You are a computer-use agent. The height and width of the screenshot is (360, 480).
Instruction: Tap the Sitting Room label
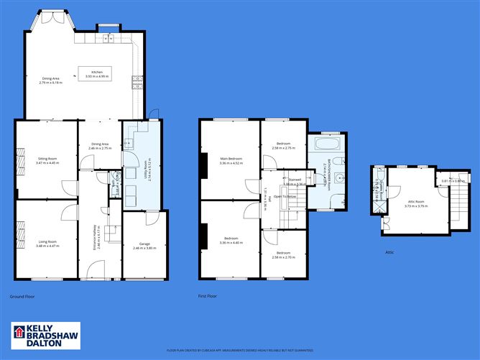(45, 161)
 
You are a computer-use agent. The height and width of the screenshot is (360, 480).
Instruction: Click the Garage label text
(144, 246)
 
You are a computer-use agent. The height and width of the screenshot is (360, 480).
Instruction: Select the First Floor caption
(207, 295)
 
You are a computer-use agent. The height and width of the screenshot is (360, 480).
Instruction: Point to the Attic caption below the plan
(391, 252)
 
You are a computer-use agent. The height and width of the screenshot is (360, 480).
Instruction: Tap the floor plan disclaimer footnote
(240, 351)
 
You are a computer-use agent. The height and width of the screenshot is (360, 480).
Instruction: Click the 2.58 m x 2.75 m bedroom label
(284, 146)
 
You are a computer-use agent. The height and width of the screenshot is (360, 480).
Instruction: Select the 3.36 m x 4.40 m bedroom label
(231, 240)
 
